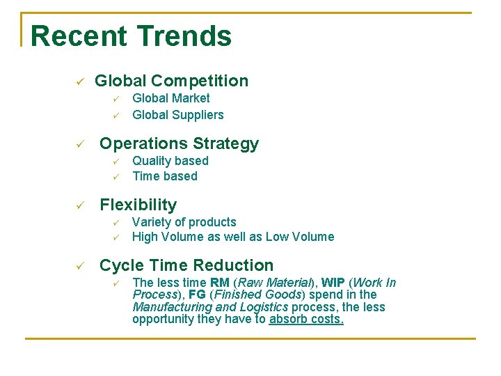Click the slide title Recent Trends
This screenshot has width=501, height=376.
(131, 36)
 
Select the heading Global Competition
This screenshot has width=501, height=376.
(171, 81)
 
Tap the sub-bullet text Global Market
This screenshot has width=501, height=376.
(170, 99)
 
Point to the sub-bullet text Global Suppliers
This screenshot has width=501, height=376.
(177, 115)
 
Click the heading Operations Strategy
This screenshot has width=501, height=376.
(179, 144)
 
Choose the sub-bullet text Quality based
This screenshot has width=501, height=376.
(170, 161)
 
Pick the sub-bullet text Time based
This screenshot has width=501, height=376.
(164, 176)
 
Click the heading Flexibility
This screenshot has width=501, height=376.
(138, 205)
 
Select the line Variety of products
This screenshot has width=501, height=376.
(184, 222)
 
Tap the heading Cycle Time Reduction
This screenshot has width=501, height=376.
(186, 265)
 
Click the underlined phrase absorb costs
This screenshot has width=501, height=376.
(306, 320)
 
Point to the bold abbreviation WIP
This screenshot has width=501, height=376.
(333, 283)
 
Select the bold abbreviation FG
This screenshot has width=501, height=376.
(197, 295)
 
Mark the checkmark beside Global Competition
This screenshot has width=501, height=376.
(80, 82)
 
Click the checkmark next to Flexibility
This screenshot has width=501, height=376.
(80, 206)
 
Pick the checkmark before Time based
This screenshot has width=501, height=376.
(117, 177)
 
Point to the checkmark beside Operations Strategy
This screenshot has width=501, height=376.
(80, 145)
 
